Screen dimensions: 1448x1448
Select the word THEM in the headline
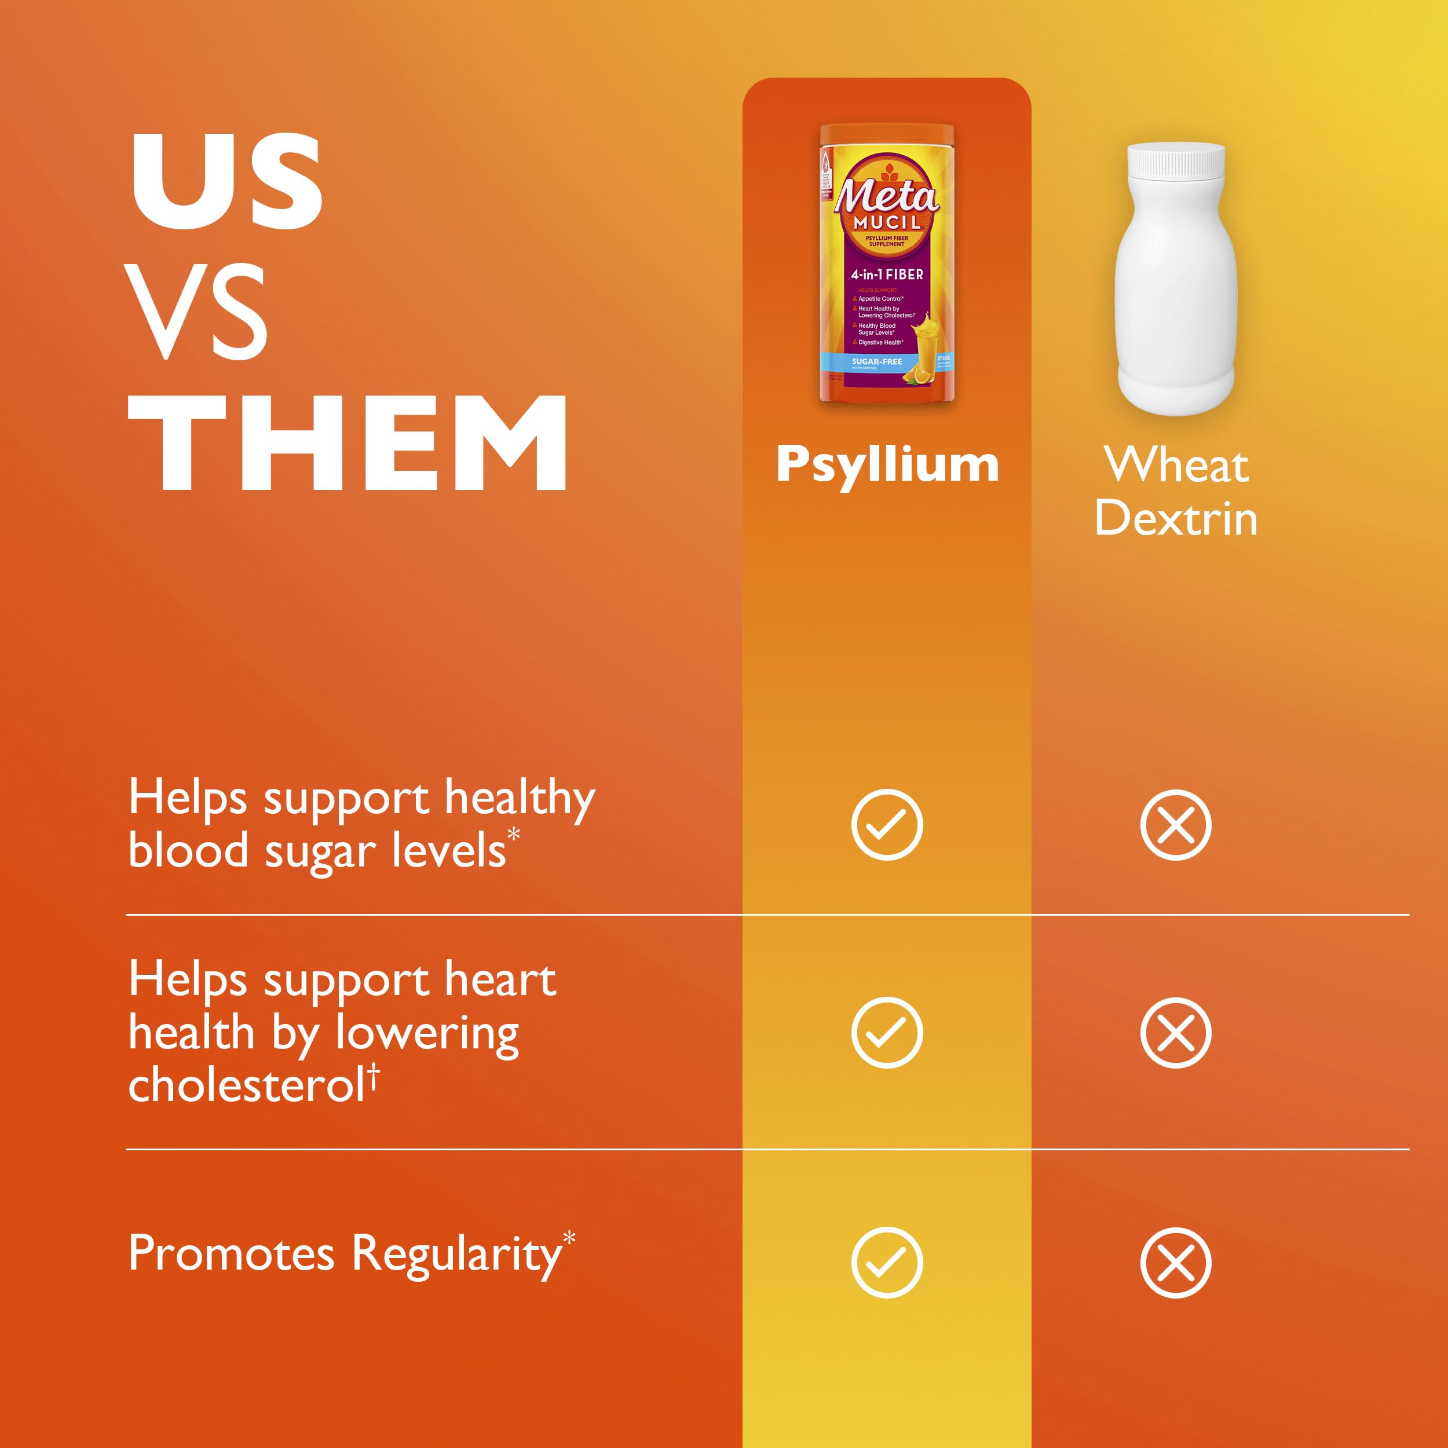pos(348,443)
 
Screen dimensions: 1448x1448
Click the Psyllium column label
pos(887,465)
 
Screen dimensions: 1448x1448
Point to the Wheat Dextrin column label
pos(1175,492)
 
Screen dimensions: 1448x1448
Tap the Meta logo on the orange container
pos(886,196)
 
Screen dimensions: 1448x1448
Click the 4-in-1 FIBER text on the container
pos(887,275)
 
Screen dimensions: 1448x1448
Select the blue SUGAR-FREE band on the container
pos(877,362)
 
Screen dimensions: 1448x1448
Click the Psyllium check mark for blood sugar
pos(887,824)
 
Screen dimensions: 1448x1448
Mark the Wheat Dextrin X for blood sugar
pos(1175,824)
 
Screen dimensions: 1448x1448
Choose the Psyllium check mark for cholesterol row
pos(887,1033)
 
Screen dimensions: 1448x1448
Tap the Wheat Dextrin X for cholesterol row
pos(1175,1033)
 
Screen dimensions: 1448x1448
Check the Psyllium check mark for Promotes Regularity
pos(887,1263)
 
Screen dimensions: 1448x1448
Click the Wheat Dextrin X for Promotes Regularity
pos(1175,1263)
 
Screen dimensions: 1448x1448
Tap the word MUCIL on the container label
pos(887,222)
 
